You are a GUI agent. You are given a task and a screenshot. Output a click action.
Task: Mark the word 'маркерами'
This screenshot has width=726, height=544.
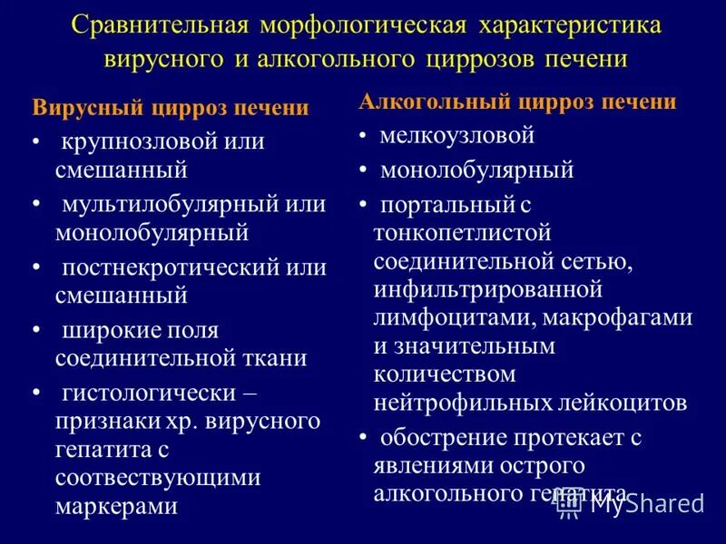tap(116, 506)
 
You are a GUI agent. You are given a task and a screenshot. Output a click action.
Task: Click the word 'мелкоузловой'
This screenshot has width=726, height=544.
tap(457, 136)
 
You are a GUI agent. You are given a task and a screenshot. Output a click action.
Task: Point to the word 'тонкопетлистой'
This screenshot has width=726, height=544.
tap(463, 233)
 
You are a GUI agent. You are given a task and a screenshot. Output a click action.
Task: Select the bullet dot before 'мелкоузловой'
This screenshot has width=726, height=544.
tap(362, 137)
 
